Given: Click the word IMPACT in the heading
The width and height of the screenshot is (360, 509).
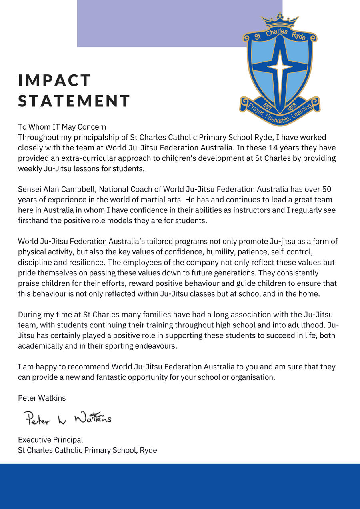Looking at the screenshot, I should pos(54,80).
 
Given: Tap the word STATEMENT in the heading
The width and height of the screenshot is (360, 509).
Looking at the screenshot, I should pos(74,101).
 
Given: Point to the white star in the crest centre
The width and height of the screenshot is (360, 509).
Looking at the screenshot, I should pos(280,66).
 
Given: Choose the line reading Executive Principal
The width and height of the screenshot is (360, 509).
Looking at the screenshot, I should pos(50,440).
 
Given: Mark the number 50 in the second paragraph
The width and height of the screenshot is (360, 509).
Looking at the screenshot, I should pos(327,189).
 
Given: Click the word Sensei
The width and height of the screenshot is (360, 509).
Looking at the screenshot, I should pos(30,189).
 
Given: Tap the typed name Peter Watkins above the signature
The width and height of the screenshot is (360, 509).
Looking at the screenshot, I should pos(42,398).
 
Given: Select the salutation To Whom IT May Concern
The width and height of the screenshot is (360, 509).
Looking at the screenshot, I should pos(62,127).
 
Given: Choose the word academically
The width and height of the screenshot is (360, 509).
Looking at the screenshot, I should pos(40,346).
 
